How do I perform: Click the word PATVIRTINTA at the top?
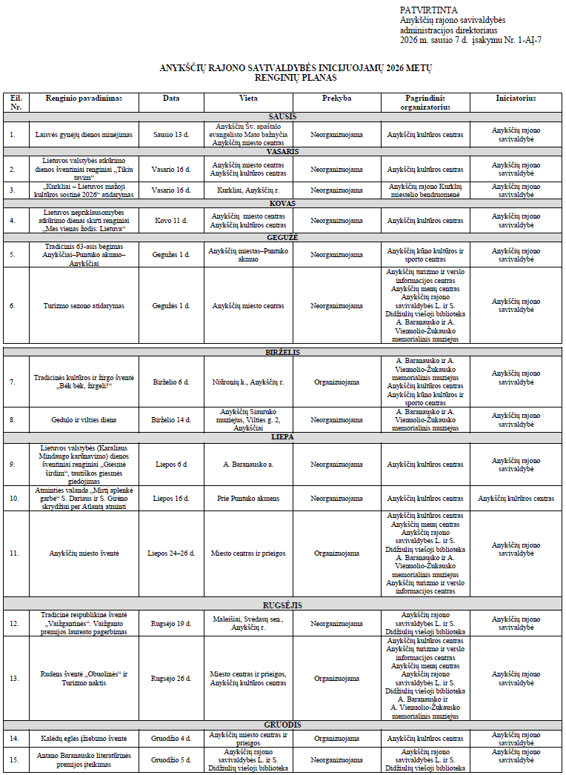click(420, 10)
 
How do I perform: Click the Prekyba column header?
click(336, 98)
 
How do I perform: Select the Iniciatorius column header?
click(516, 98)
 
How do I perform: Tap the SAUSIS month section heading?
click(282, 116)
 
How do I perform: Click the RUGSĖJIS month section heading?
click(282, 605)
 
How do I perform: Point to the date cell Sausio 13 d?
click(171, 135)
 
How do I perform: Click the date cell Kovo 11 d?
click(171, 220)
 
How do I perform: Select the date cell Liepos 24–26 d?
click(171, 553)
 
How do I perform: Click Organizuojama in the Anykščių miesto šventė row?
click(336, 553)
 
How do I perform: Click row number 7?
click(13, 382)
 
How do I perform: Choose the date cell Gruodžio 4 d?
click(171, 738)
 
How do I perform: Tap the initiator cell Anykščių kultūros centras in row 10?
click(516, 498)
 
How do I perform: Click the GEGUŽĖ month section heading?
click(282, 236)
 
